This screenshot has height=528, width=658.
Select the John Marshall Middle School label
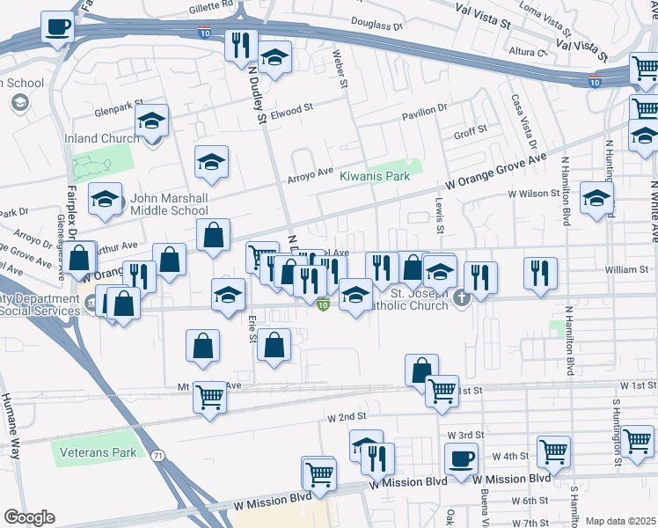pyautogui.click(x=169, y=204)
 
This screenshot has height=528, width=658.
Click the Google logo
pyautogui.click(x=28, y=517)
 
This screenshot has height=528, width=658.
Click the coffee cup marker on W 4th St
pyautogui.click(x=461, y=458)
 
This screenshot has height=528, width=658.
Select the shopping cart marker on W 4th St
pyautogui.click(x=554, y=451)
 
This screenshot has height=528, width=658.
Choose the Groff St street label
pyautogui.click(x=470, y=136)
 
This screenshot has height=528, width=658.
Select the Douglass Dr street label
pyautogui.click(x=376, y=24)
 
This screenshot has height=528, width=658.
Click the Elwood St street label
pyautogui.click(x=293, y=110)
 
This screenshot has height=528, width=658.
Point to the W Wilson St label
pyautogui.click(x=534, y=194)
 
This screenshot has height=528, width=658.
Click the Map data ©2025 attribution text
pyautogui.click(x=620, y=521)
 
